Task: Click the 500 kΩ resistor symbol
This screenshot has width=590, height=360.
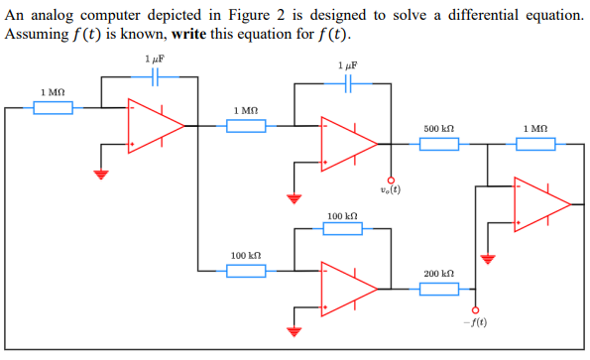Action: point(438,145)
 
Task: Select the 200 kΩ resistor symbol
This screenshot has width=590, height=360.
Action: point(438,289)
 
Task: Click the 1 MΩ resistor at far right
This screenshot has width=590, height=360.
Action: point(534,145)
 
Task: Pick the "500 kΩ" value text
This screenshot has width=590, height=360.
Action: point(438,129)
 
